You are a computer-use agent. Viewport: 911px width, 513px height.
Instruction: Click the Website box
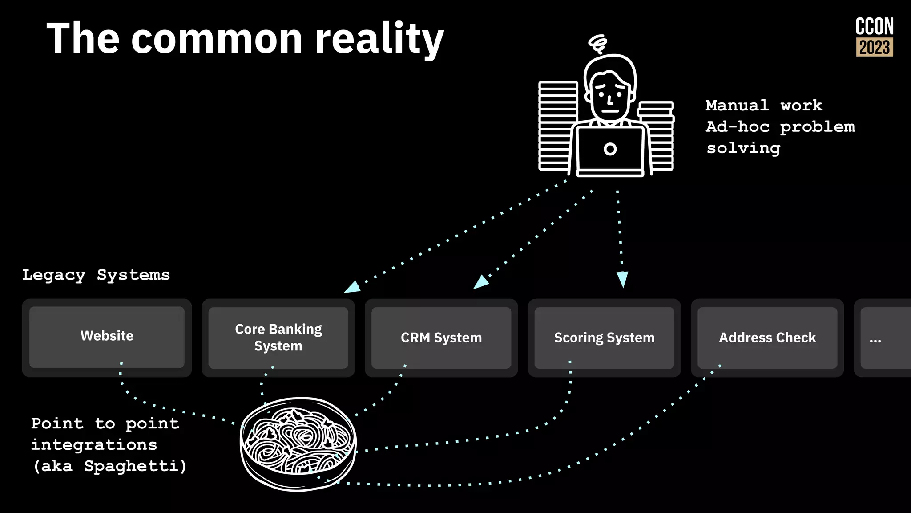coord(107,337)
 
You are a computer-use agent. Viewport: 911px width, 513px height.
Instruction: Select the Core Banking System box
coord(278,338)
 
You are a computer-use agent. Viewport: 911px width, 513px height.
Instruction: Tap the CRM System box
coord(441,338)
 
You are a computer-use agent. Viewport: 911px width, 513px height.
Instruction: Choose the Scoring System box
coord(604,338)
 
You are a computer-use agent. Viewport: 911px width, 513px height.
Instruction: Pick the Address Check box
coord(767,338)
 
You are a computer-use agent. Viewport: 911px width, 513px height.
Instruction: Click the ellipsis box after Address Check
coord(883,338)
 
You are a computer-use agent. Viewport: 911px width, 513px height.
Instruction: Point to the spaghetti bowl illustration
coord(298,444)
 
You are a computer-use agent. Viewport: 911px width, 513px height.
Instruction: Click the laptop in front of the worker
coord(610,150)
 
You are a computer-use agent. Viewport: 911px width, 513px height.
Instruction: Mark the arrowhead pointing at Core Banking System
coord(353,287)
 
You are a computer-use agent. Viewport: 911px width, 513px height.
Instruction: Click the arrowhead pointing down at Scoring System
coord(622,279)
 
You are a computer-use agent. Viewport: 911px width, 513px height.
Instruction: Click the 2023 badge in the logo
coord(875,47)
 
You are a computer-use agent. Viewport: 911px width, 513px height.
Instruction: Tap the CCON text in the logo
coord(875,27)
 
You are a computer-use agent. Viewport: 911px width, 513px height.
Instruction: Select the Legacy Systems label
coord(96,275)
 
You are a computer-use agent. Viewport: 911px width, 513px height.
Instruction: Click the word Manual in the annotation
coord(737,106)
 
